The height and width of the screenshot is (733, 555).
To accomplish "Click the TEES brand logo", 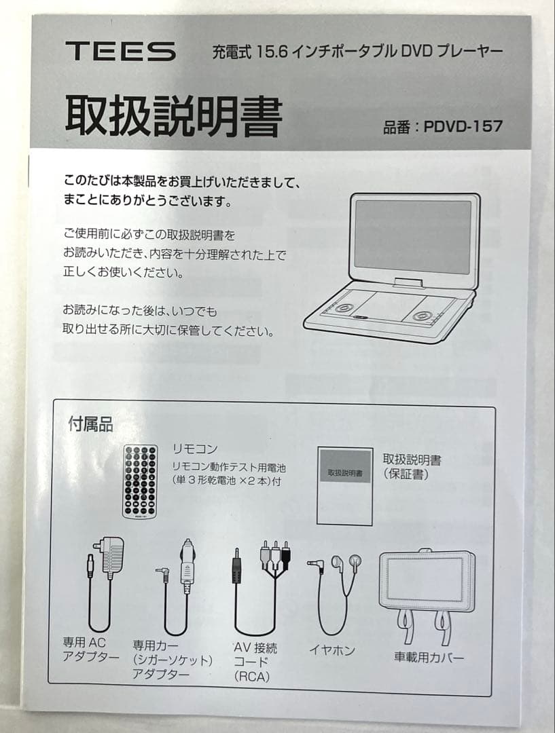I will [x=120, y=52].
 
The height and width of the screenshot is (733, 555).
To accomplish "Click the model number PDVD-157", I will [x=463, y=126].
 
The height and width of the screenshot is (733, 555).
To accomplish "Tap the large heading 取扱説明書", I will [x=173, y=117].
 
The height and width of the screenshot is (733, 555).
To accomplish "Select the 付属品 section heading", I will [x=90, y=426].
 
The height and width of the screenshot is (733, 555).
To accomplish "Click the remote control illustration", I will [x=140, y=483].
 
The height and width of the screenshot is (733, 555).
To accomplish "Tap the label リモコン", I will [x=194, y=449].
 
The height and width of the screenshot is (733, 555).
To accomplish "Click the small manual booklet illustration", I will [x=345, y=486].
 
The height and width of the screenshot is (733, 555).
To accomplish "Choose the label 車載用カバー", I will [x=429, y=657].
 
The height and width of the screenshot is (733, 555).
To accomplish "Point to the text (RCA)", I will [x=253, y=677].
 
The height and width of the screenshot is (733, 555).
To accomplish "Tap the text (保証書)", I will [x=406, y=474].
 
